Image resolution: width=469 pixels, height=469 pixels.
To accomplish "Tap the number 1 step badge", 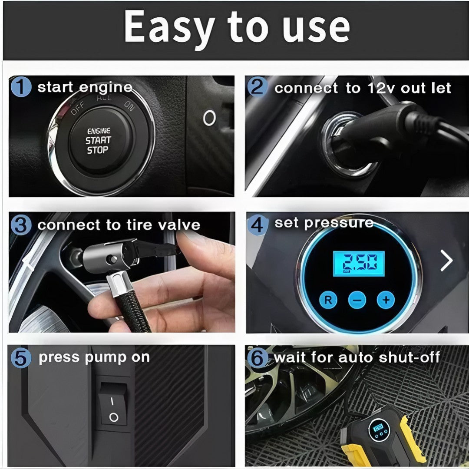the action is tap(21, 87).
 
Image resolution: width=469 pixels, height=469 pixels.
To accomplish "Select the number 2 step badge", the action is tap(257, 87).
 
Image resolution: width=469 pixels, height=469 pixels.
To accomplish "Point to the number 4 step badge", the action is tap(257, 225).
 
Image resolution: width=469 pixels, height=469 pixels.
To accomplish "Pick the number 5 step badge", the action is tap(21, 358).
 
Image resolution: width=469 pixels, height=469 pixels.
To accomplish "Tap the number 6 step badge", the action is tap(258, 358).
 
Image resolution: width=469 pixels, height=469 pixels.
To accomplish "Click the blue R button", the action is tap(328, 300).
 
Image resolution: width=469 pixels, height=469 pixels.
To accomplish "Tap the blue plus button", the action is tap(386, 300).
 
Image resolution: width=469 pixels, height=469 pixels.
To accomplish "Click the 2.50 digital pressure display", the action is tap(359, 264).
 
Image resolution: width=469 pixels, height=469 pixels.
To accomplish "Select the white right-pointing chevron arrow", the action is tap(446, 261).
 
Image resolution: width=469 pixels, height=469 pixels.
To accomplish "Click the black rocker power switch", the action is tap(113, 404).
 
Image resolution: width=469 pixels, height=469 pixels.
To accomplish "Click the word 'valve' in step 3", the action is tap(179, 225).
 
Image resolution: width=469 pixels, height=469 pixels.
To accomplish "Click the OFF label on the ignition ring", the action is tap(78, 108).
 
